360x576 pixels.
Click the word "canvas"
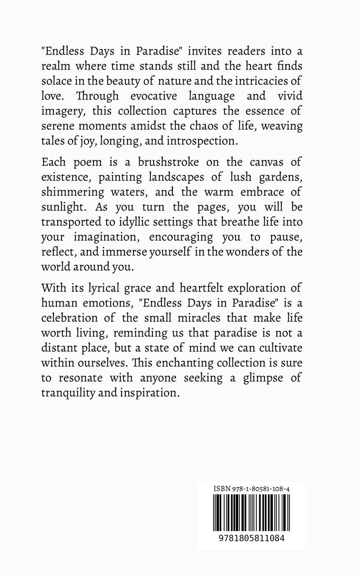266,162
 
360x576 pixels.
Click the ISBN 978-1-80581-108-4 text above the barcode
252,489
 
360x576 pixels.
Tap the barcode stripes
252,512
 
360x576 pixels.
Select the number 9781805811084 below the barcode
252,538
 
